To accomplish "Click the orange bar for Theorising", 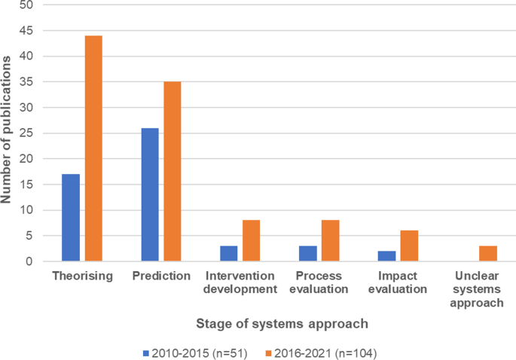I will click(x=93, y=148).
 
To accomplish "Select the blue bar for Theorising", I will click(x=71, y=218).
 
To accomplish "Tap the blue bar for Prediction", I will click(x=150, y=194).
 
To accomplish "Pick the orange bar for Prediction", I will click(x=173, y=171).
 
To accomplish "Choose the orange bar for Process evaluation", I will click(x=331, y=241).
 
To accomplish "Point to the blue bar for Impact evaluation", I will click(x=387, y=256).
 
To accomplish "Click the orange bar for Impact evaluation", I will click(x=410, y=246).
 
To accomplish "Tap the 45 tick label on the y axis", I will click(x=27, y=31).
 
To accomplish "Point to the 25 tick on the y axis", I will click(x=27, y=133).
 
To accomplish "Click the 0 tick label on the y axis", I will click(x=30, y=261).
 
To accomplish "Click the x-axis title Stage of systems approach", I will click(x=282, y=324).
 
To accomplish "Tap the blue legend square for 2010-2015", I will click(x=146, y=352).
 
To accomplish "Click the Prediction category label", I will click(x=161, y=276).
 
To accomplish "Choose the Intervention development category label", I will click(x=240, y=282).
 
